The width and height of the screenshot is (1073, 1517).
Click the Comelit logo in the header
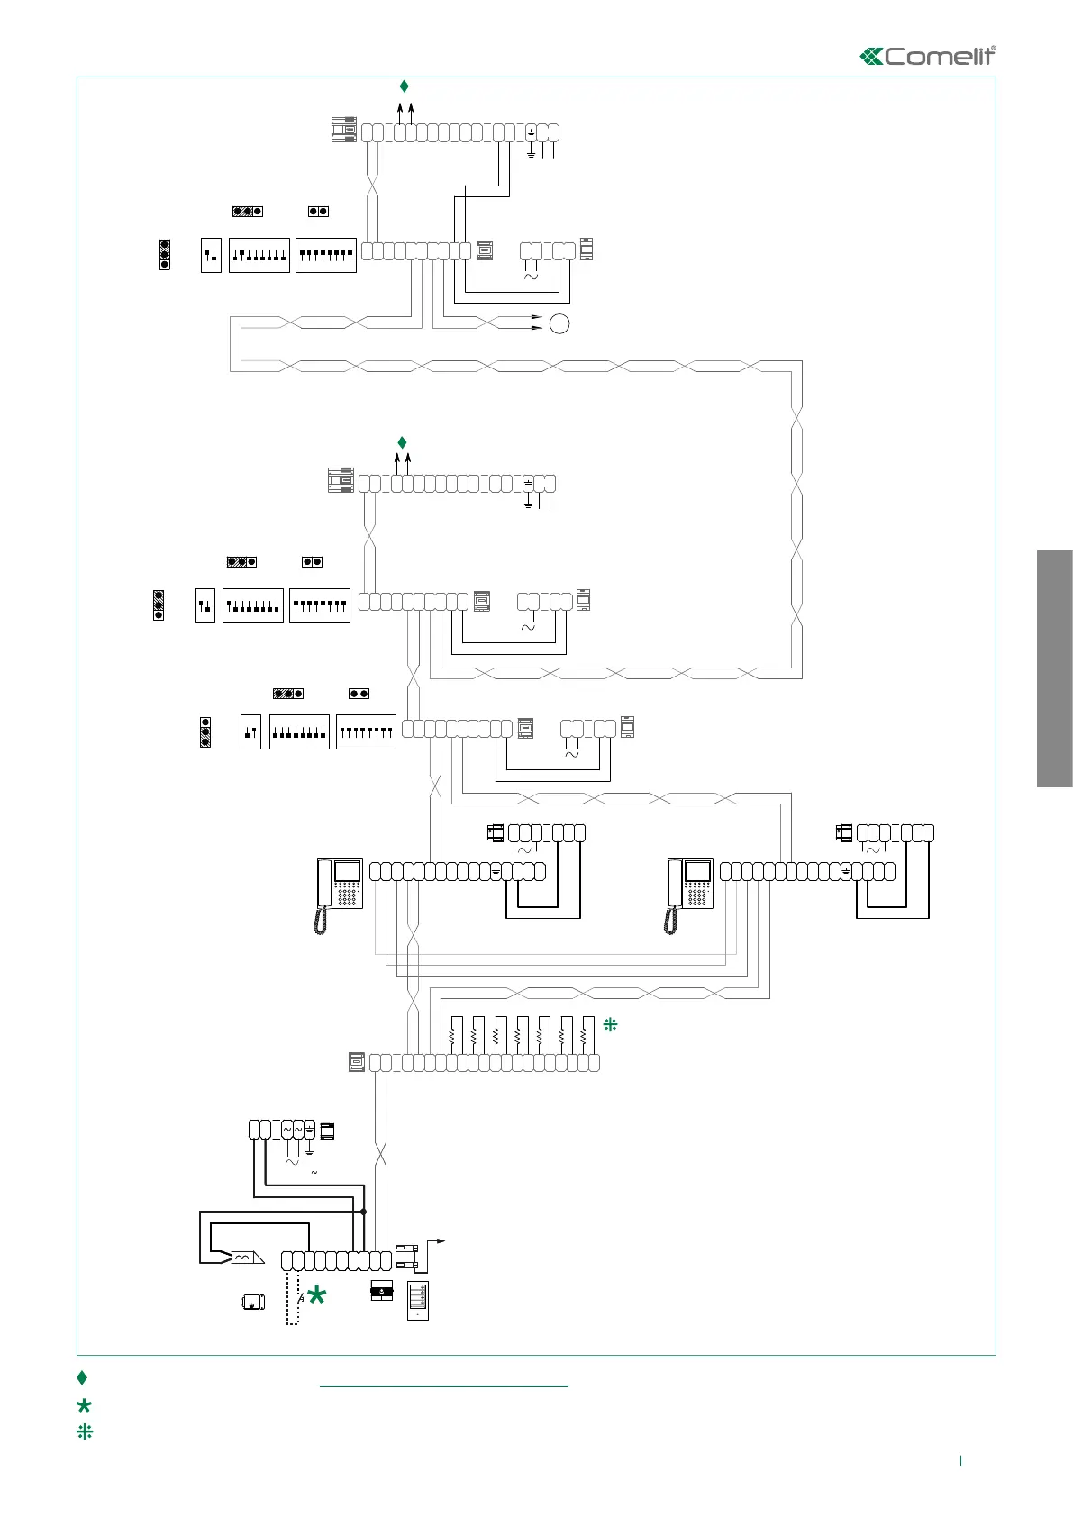(x=928, y=56)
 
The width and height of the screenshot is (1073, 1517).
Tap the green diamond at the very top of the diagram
(x=405, y=86)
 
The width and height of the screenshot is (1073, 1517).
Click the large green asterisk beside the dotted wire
(x=316, y=1296)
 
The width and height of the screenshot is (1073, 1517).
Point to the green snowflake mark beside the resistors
(x=610, y=1024)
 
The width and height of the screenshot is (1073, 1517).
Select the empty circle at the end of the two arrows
(x=559, y=323)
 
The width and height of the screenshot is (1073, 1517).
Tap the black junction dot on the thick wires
(x=363, y=1212)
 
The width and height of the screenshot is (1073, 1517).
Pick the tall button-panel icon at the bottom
(x=417, y=1301)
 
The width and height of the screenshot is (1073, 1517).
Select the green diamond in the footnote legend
(x=82, y=1377)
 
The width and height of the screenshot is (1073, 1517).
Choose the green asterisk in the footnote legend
(x=85, y=1405)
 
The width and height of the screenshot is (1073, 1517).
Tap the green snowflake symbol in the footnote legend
(x=85, y=1431)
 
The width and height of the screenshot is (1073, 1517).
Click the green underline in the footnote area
(x=444, y=1386)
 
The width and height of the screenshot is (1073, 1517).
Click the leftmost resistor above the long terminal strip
(x=451, y=1036)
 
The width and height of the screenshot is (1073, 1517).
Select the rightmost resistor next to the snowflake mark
(x=584, y=1036)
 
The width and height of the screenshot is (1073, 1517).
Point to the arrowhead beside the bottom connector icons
(x=441, y=1240)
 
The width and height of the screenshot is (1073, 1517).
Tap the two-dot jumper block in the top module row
(x=318, y=212)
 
